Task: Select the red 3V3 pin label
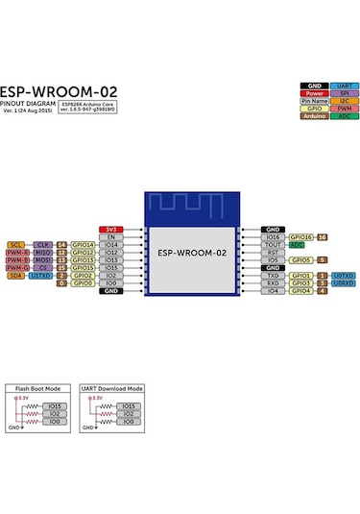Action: click(x=111, y=230)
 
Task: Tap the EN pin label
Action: click(x=111, y=237)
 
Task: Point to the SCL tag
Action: click(x=15, y=245)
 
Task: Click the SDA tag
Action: click(x=15, y=276)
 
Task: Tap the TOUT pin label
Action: click(x=273, y=244)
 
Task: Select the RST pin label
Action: click(x=273, y=252)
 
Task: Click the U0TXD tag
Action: click(x=344, y=276)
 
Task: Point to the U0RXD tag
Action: click(x=344, y=283)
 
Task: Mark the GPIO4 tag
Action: click(x=300, y=291)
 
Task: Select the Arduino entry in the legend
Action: click(x=314, y=116)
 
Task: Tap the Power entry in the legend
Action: click(x=314, y=93)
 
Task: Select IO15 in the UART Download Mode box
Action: click(x=130, y=405)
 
